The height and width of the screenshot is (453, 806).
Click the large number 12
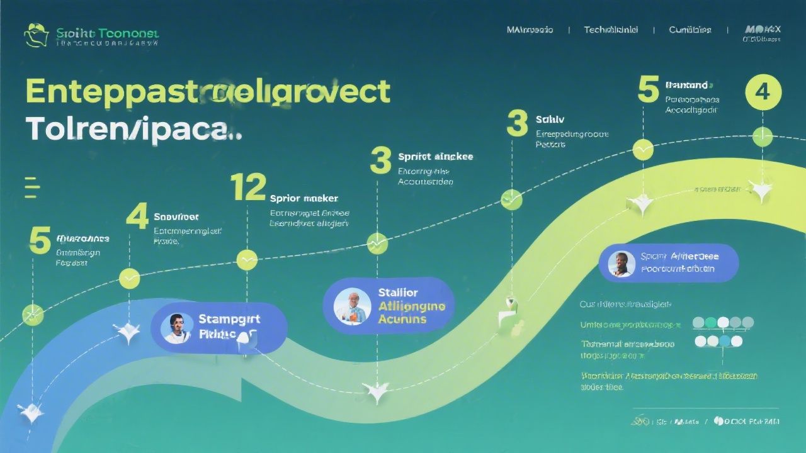(x=248, y=187)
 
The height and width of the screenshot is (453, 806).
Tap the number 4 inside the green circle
(x=763, y=92)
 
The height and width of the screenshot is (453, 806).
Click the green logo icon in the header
(x=36, y=35)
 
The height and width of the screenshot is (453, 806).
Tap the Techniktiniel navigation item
(x=611, y=30)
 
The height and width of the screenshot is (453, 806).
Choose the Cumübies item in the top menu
(x=690, y=30)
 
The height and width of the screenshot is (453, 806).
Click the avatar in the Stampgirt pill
(x=176, y=328)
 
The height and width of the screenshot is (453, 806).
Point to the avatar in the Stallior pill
(x=349, y=306)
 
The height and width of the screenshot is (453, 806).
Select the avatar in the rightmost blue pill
(x=622, y=264)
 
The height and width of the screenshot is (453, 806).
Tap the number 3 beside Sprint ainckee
(x=381, y=160)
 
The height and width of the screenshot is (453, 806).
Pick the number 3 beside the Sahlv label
(x=517, y=123)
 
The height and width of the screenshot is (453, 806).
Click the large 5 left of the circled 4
(x=648, y=89)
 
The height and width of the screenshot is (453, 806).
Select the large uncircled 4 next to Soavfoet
(x=137, y=216)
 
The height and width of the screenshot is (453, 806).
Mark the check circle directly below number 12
(x=247, y=259)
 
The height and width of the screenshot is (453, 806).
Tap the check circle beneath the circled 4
(x=763, y=137)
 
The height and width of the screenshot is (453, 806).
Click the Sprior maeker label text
(x=304, y=198)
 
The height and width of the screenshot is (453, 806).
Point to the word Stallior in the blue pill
(x=398, y=293)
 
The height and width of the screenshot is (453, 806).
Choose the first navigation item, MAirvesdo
(x=530, y=30)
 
